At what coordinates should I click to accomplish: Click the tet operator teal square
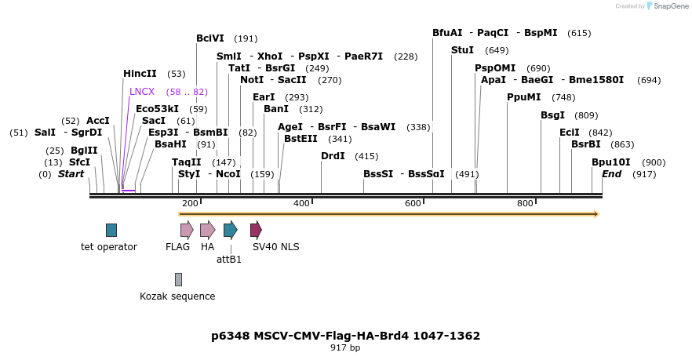click(111, 230)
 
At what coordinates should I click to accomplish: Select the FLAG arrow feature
click(187, 230)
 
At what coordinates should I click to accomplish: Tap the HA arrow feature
click(207, 230)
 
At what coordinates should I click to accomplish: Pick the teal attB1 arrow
click(230, 230)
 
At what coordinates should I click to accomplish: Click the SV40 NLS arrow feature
click(256, 230)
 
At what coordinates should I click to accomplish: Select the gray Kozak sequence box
click(178, 279)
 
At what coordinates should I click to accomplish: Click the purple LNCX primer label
click(142, 92)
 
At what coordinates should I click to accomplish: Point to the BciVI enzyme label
click(210, 38)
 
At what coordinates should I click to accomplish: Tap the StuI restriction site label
click(462, 50)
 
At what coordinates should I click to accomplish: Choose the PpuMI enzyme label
click(523, 97)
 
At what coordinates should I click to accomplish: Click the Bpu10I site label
click(610, 162)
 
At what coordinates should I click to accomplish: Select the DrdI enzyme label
click(333, 156)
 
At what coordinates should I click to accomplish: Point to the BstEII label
click(300, 138)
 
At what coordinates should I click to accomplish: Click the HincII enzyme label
click(140, 74)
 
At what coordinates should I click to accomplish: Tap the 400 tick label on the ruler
click(301, 203)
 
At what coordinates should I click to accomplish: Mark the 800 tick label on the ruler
click(525, 203)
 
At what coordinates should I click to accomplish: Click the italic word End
click(612, 173)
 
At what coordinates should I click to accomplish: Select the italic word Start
click(71, 173)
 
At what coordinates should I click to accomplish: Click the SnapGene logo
click(666, 6)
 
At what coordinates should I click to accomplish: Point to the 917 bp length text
click(345, 347)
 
